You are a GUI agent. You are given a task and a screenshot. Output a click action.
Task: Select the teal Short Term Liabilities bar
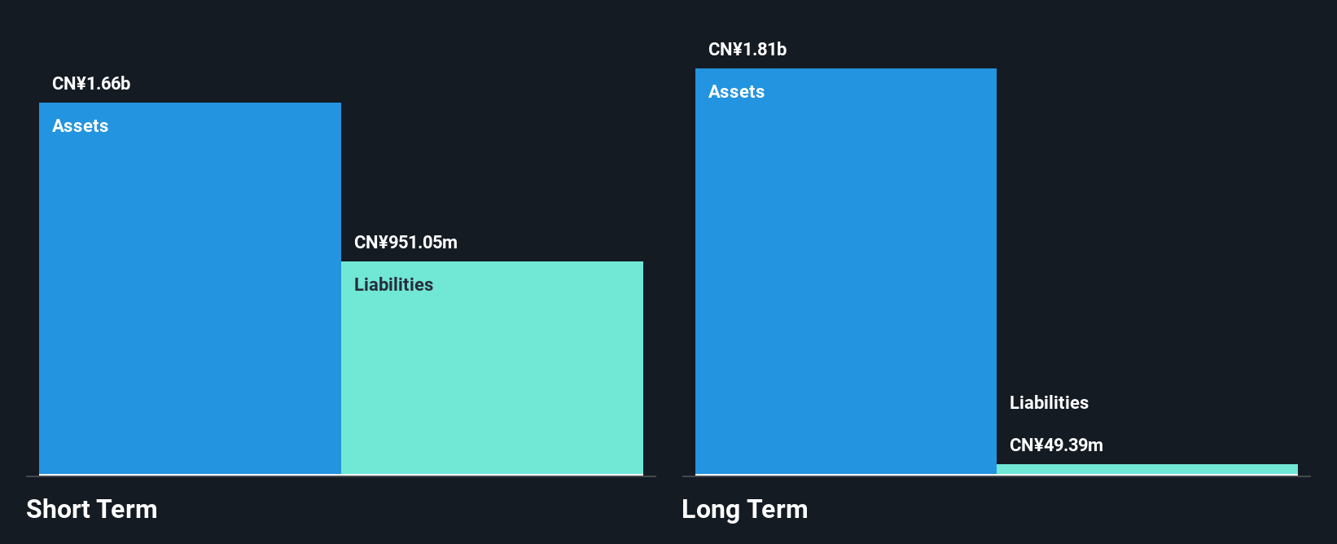click(x=492, y=375)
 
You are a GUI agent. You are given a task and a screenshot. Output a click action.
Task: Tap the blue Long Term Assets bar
click(x=845, y=277)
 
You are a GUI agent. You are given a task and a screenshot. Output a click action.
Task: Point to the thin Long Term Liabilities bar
click(x=1146, y=469)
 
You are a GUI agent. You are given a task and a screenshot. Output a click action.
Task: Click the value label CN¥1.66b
click(x=91, y=84)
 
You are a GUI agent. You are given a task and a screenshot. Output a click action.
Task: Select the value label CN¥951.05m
click(x=405, y=243)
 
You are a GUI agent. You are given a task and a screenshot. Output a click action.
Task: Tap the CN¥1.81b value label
click(x=747, y=50)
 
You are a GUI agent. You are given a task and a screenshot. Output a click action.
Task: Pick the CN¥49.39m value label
click(x=1056, y=445)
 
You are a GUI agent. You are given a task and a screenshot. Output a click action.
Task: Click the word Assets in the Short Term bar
click(x=80, y=126)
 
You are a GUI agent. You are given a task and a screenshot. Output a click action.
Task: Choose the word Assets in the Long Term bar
click(x=736, y=92)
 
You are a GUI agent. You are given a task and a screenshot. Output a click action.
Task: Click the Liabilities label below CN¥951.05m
click(x=393, y=285)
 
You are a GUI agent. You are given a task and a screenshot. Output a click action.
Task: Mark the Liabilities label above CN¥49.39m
click(x=1049, y=403)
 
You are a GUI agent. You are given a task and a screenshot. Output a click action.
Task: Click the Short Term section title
click(x=92, y=510)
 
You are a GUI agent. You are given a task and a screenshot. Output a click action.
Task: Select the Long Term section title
click(x=744, y=510)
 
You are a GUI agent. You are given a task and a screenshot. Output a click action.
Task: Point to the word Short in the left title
click(x=58, y=510)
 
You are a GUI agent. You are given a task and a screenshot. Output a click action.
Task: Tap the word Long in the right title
click(x=711, y=510)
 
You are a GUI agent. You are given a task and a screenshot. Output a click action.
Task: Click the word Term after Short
click(x=127, y=510)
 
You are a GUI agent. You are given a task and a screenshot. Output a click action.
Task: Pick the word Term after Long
click(x=778, y=510)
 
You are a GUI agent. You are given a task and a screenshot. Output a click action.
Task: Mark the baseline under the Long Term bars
click(x=996, y=476)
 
